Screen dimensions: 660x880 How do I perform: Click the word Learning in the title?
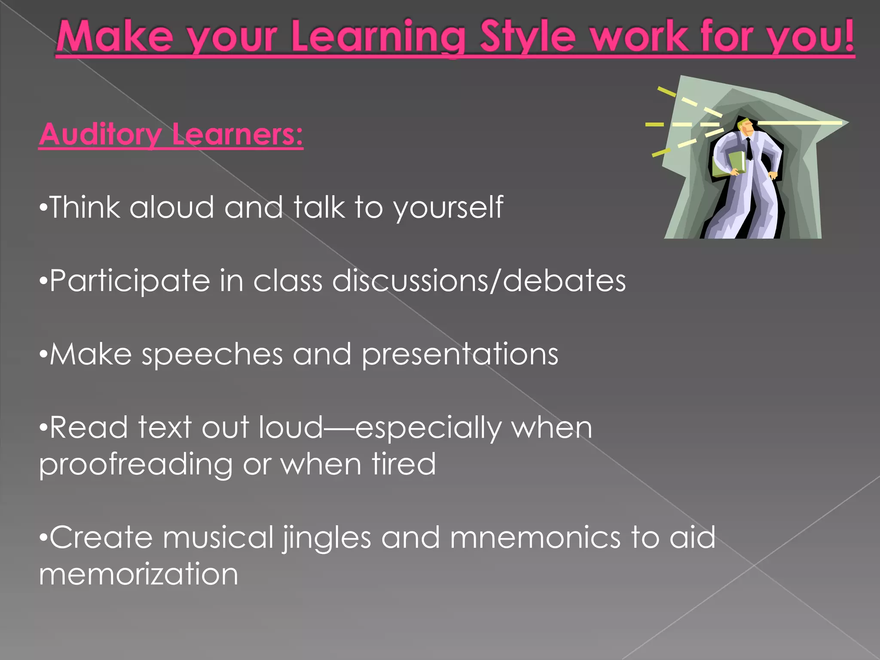tap(378, 38)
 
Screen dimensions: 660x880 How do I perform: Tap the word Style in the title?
tap(528, 38)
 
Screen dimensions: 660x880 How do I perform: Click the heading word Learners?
tap(237, 134)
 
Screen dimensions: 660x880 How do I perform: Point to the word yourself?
tap(448, 208)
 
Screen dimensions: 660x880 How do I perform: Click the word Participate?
tap(129, 281)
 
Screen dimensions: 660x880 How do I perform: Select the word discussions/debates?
tap(479, 281)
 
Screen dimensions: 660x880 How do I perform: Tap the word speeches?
tap(212, 354)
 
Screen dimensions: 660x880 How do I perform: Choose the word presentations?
tap(460, 354)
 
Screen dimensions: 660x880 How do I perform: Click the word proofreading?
tap(136, 465)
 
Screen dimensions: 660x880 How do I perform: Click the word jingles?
tap(327, 538)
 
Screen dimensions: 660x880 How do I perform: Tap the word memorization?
tap(138, 574)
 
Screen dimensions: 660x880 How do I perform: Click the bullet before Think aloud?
tap(43, 208)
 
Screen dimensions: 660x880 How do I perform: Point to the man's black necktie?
tap(749, 149)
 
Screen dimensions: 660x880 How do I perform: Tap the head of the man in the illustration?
tap(746, 126)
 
